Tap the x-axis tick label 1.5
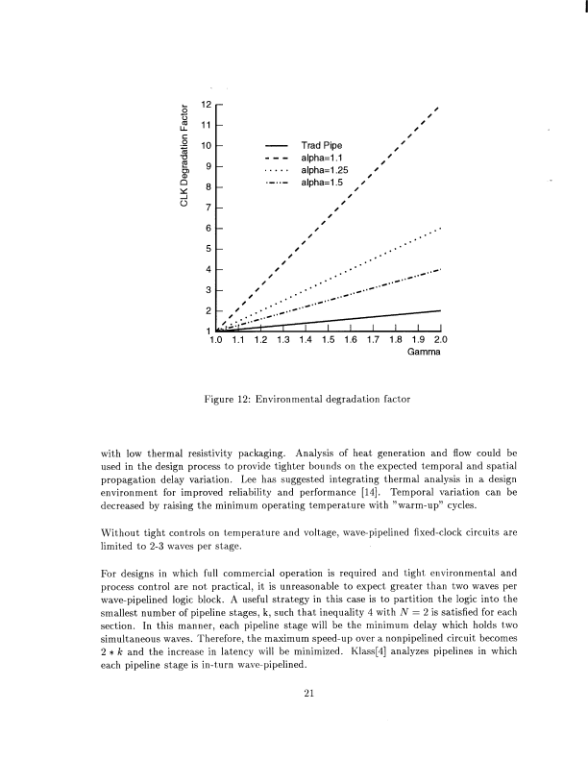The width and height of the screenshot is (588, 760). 327,339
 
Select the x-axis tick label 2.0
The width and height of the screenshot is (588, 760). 440,339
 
